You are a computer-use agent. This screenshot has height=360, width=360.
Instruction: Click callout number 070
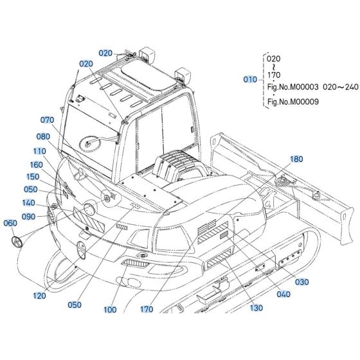tap(48, 120)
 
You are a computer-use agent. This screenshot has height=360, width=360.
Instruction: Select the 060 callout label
tap(11, 223)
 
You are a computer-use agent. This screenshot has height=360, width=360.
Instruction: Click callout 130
tap(256, 308)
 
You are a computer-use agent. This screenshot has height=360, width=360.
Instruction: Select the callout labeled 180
tap(296, 159)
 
